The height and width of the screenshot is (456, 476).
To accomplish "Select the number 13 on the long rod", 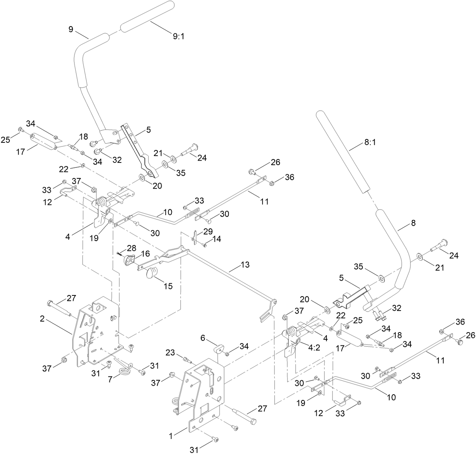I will tap(245, 265).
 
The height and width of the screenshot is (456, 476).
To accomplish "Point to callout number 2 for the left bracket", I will tap(42, 319).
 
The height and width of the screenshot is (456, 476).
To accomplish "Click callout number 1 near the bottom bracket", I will tap(171, 436).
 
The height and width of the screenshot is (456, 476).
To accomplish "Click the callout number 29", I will tap(208, 231).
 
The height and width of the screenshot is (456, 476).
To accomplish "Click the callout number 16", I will tap(145, 253).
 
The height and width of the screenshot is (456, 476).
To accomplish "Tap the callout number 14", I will tap(217, 239).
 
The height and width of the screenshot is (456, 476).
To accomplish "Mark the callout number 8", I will tap(413, 223).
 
